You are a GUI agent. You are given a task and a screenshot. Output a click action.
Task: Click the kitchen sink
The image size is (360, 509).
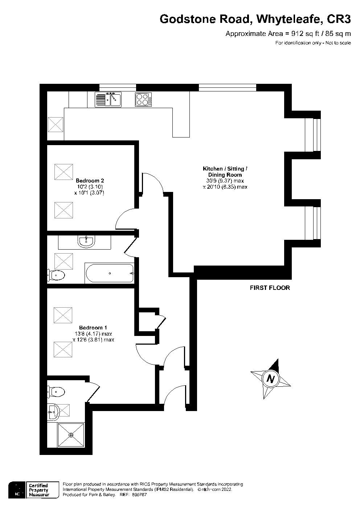(108, 99)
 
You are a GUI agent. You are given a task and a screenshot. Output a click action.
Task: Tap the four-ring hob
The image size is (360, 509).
(143, 99)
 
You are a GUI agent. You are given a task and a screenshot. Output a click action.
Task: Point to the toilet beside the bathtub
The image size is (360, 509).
(56, 275)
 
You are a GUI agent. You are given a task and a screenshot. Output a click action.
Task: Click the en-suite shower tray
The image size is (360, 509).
(71, 435)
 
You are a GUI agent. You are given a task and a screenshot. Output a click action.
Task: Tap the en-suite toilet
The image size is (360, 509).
(56, 391)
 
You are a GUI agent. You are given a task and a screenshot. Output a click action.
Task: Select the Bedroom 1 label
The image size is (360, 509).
(93, 327)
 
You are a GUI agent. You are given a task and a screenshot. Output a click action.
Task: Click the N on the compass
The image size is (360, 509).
(270, 379)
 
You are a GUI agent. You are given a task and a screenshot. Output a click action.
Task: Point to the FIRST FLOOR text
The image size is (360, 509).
(270, 288)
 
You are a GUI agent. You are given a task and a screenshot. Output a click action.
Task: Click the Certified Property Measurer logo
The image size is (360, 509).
(34, 490)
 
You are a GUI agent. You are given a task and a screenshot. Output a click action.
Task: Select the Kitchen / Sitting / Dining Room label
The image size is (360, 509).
(225, 172)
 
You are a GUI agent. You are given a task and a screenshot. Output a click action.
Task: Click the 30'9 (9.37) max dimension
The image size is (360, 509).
(225, 181)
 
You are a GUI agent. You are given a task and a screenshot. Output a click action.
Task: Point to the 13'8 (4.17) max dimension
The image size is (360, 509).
(93, 334)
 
